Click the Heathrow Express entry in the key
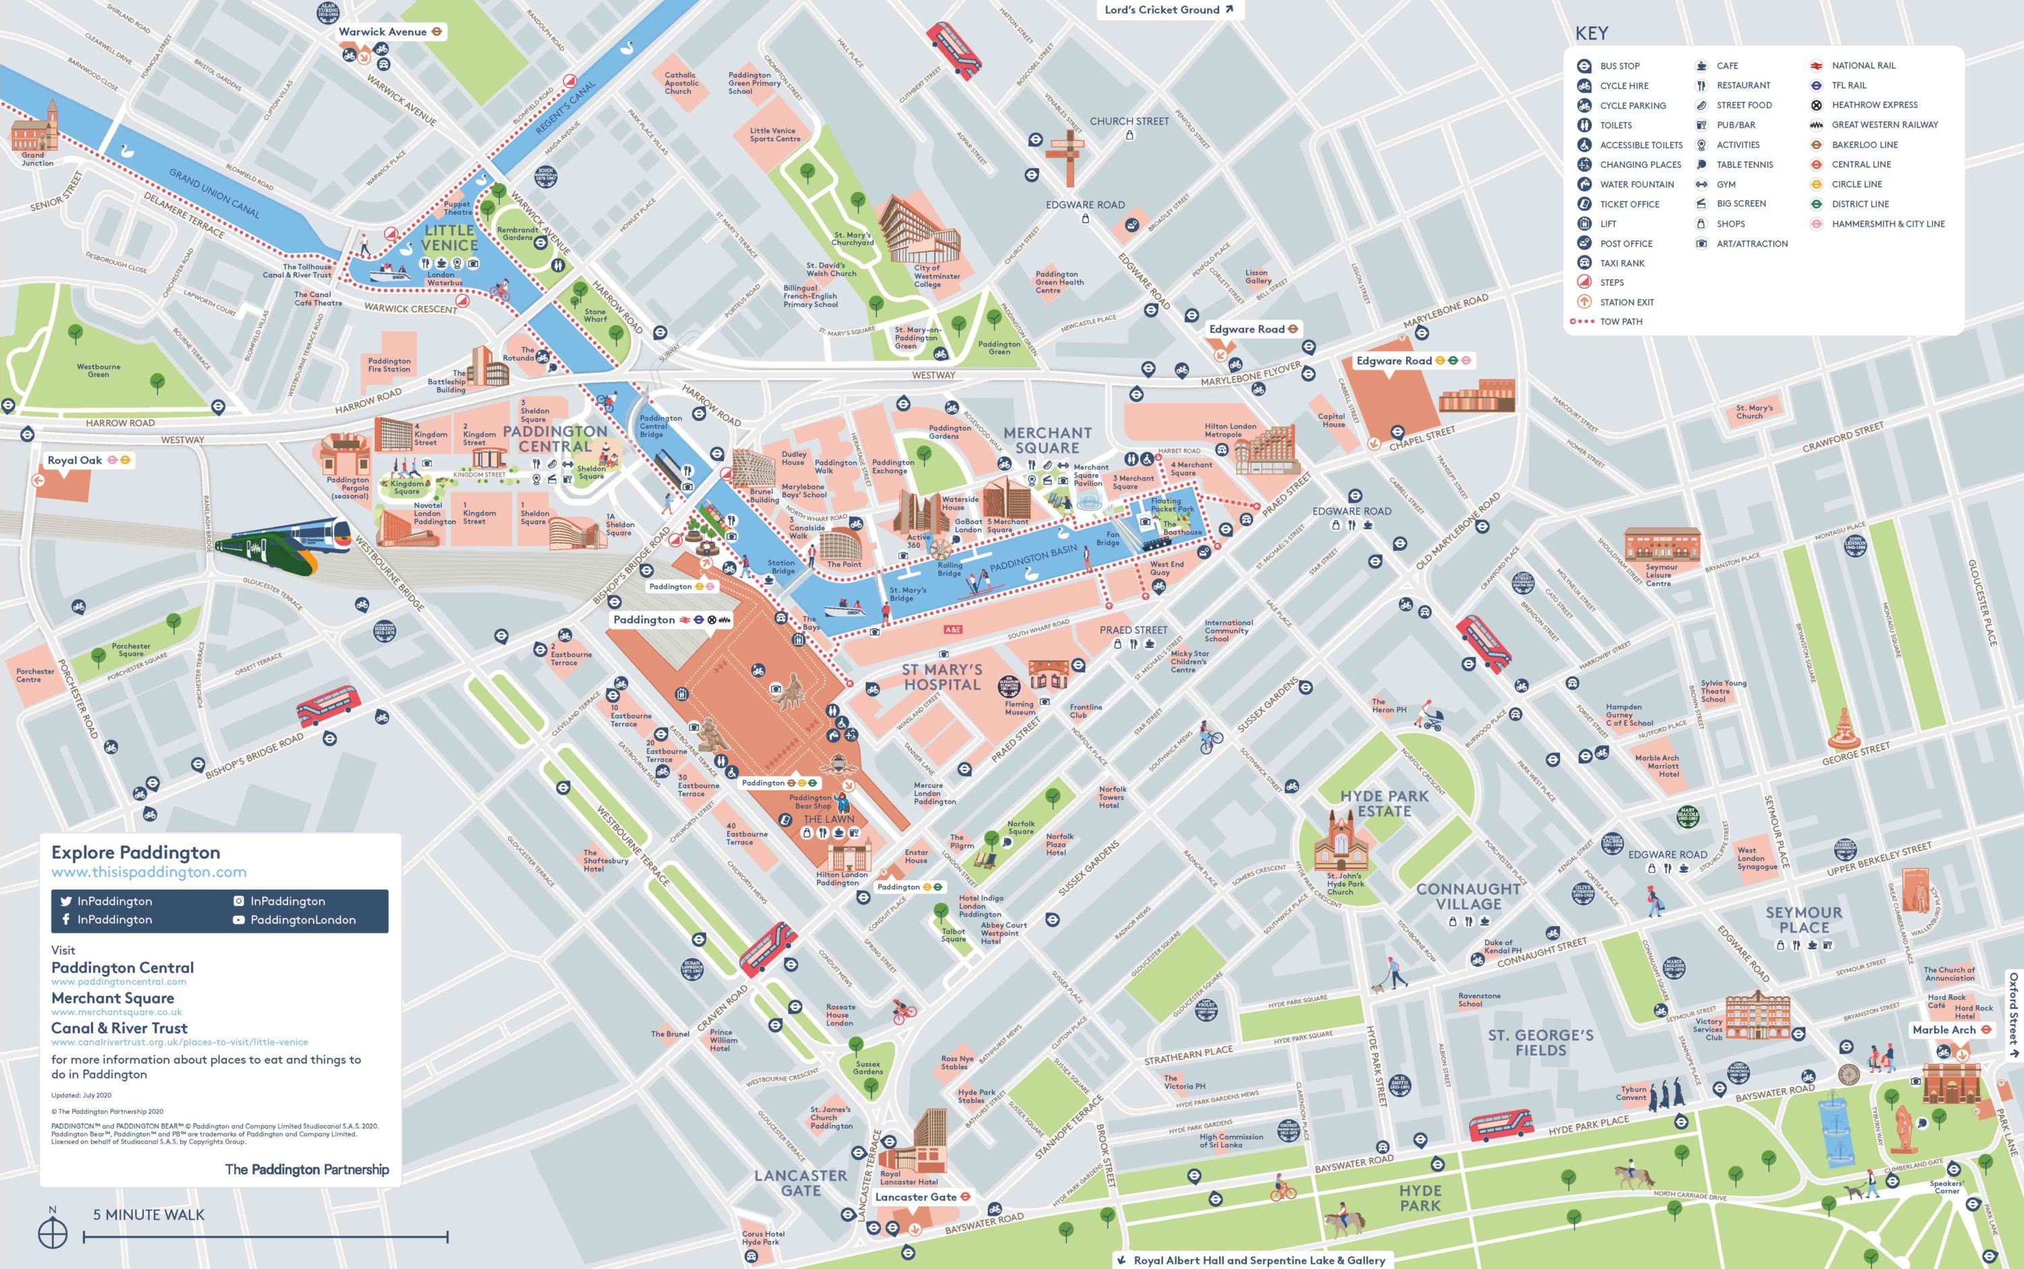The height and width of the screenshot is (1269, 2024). [1874, 105]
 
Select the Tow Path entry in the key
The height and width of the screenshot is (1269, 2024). [1621, 321]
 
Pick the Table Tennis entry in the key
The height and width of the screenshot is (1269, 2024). [1744, 165]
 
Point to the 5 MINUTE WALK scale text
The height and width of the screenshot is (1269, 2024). [148, 1214]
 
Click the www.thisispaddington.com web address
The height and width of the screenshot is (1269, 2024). [148, 872]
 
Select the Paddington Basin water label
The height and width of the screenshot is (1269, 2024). [1032, 560]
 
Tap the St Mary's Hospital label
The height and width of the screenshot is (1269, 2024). [941, 677]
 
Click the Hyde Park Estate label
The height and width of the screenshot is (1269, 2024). [1384, 803]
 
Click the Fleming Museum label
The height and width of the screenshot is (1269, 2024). [1020, 708]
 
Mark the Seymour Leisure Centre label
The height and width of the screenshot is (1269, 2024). [1658, 575]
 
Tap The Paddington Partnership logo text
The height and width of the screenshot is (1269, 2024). [307, 1169]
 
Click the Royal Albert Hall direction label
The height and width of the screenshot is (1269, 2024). [1258, 1260]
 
